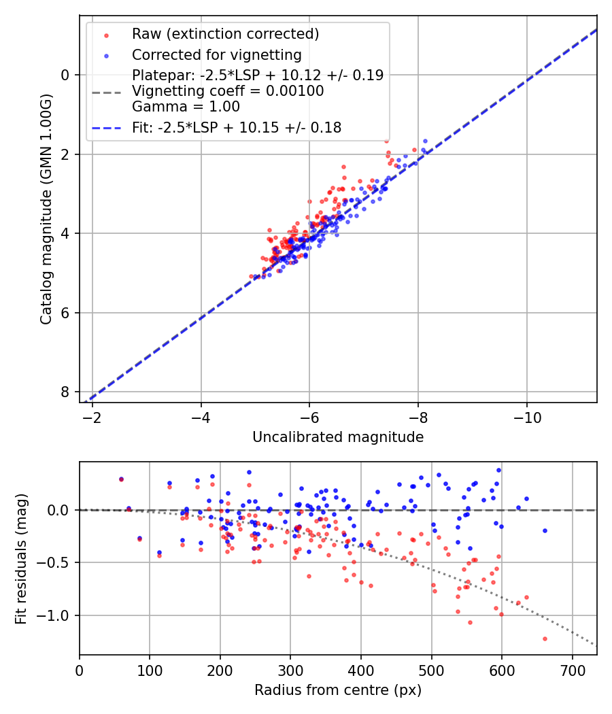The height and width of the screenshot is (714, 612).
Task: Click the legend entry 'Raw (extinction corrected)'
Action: click(x=225, y=34)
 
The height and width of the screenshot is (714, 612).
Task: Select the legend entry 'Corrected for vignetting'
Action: click(x=216, y=54)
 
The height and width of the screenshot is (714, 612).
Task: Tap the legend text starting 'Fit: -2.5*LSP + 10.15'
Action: click(x=237, y=127)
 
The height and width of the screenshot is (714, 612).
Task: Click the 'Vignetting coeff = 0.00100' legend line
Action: click(x=228, y=91)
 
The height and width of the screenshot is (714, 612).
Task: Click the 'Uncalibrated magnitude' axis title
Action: click(x=338, y=437)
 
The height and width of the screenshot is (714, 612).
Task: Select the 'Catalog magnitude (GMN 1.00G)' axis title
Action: click(x=46, y=209)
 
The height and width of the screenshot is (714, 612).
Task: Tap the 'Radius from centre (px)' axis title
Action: click(x=338, y=690)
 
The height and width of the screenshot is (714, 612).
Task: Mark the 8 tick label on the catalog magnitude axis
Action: click(x=66, y=392)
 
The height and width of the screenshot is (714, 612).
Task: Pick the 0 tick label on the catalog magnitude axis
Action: click(x=66, y=75)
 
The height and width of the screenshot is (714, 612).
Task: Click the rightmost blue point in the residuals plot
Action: click(x=545, y=530)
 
